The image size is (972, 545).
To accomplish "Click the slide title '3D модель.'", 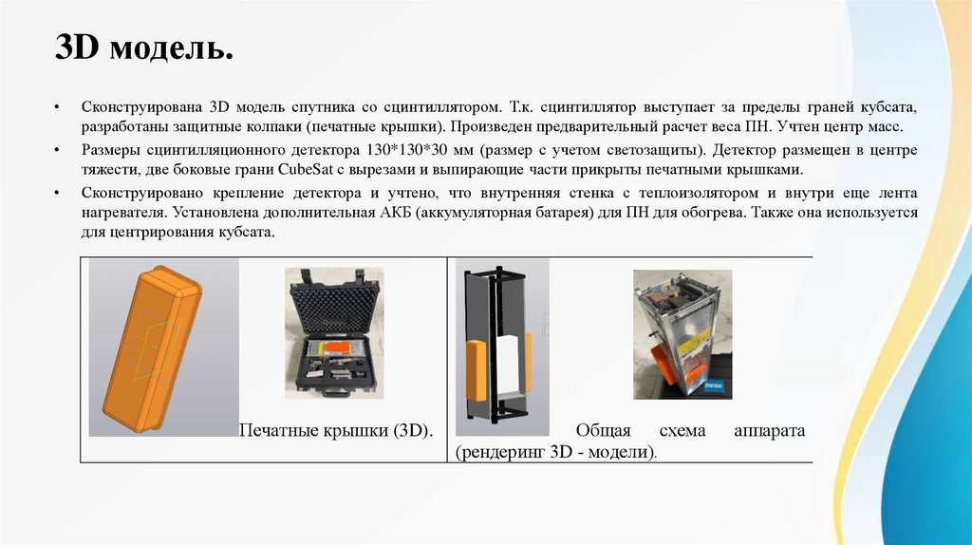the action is (144, 47).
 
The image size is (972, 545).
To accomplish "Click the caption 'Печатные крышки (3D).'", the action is (336, 430).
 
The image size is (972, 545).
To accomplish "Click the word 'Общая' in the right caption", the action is (603, 430).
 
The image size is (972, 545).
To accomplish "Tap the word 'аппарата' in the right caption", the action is (769, 431).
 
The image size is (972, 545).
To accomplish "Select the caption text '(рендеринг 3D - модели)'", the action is (555, 451).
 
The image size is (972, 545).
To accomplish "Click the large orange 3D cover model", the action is (152, 349).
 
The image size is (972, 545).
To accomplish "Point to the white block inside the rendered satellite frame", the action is (510, 366).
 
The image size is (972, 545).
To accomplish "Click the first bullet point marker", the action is (58, 108).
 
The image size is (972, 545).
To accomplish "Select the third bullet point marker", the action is (58, 194).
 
